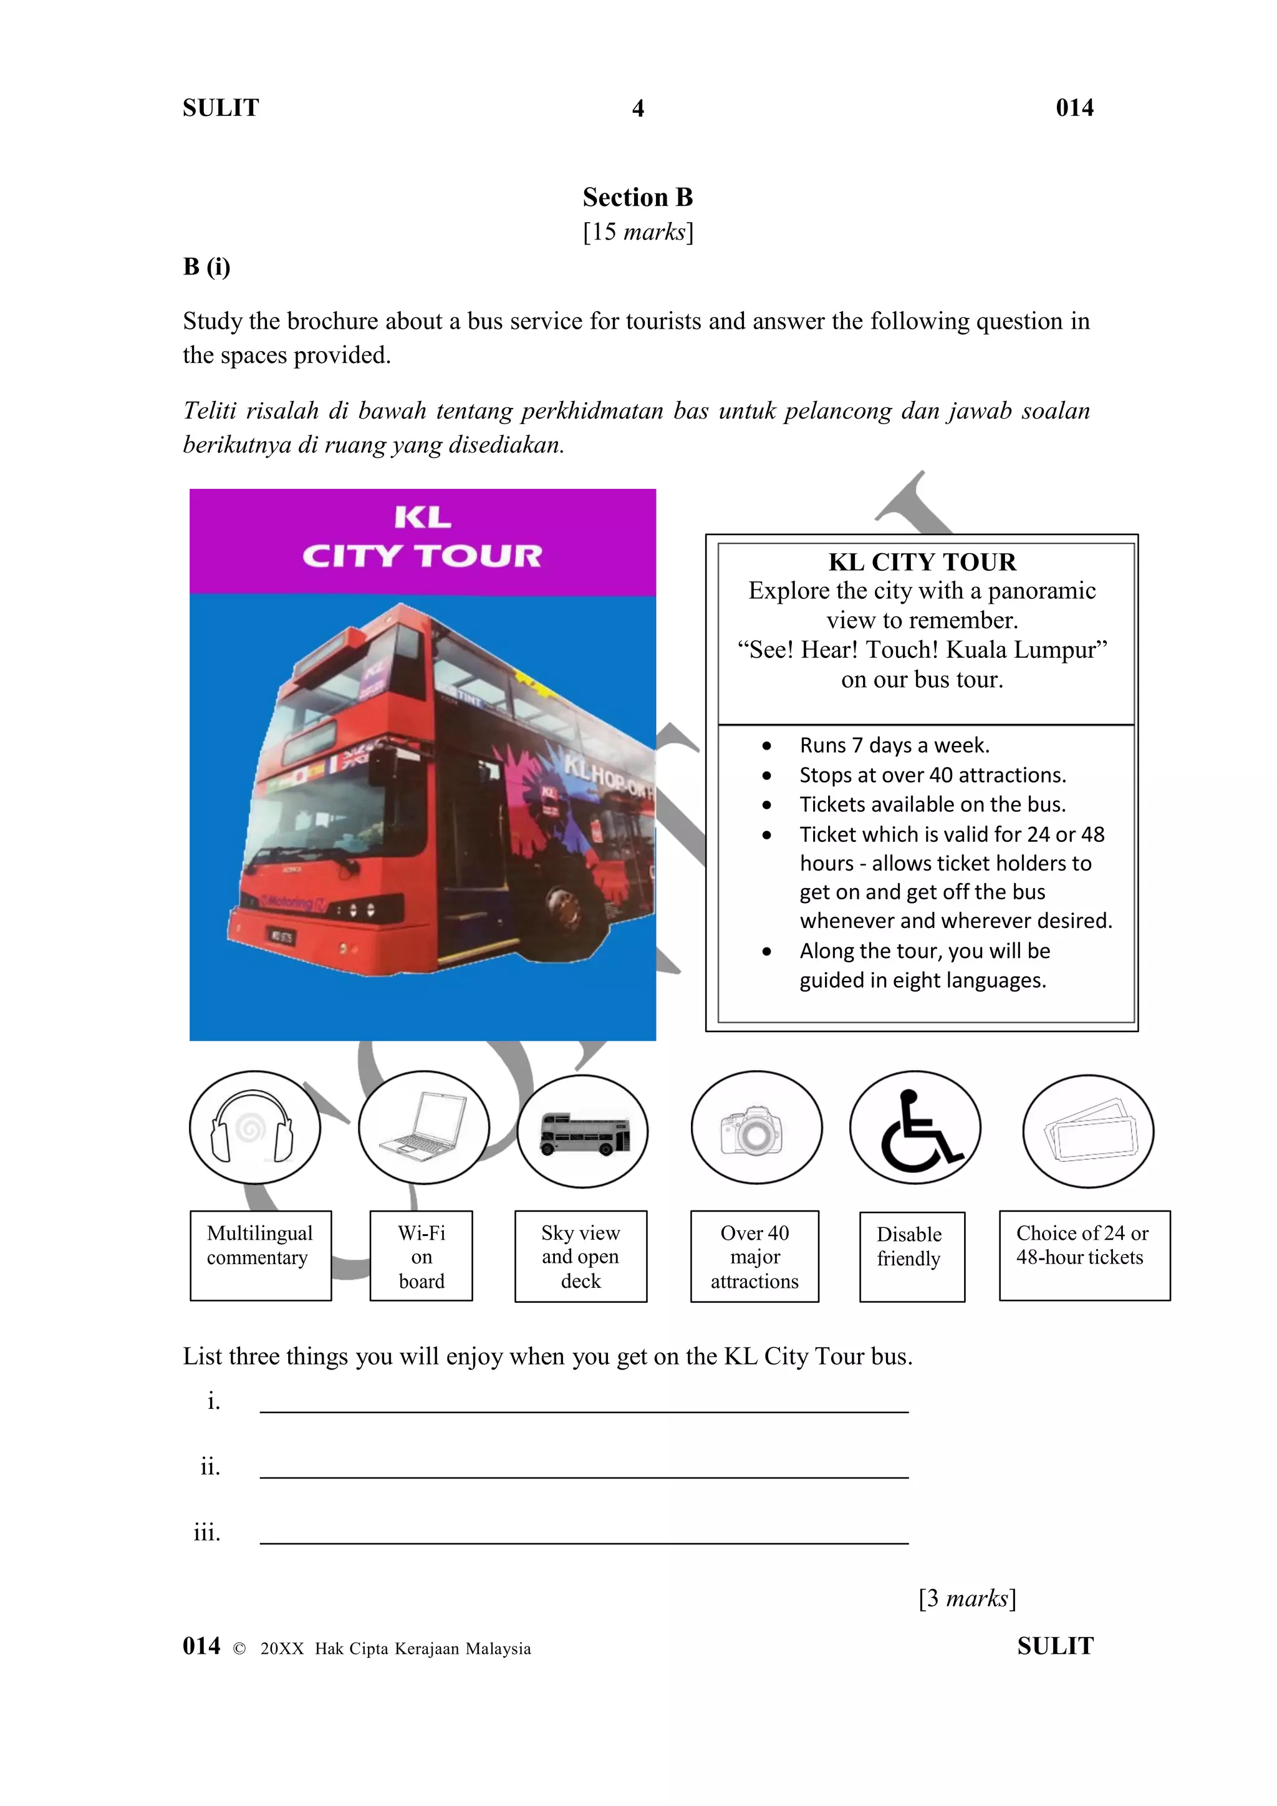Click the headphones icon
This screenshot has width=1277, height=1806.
(253, 1128)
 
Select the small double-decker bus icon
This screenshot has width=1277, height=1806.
(584, 1134)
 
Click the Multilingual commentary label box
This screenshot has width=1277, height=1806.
(260, 1255)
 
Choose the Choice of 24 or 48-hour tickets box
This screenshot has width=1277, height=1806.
(1084, 1255)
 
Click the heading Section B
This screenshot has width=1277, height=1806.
(638, 198)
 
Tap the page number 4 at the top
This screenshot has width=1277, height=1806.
(638, 109)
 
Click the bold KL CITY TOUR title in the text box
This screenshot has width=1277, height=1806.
(922, 563)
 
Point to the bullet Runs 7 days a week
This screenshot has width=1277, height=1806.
(894, 745)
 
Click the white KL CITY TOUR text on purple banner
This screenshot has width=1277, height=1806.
(422, 537)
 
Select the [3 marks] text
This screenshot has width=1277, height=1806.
(966, 1598)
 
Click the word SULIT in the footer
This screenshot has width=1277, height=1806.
(1054, 1646)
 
